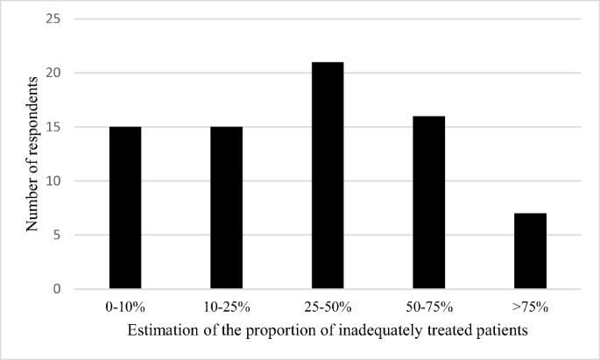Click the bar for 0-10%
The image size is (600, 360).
pyautogui.click(x=125, y=208)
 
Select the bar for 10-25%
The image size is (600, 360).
pyautogui.click(x=226, y=208)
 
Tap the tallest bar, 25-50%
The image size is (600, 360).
pyautogui.click(x=328, y=175)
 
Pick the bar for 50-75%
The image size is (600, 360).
pyautogui.click(x=429, y=202)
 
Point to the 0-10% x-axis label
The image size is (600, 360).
pyautogui.click(x=125, y=307)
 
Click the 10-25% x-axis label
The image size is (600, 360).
pyautogui.click(x=226, y=307)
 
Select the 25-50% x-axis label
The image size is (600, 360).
pyautogui.click(x=328, y=307)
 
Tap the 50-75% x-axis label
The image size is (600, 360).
pyautogui.click(x=429, y=307)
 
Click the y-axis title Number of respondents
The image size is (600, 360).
pyautogui.click(x=32, y=153)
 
